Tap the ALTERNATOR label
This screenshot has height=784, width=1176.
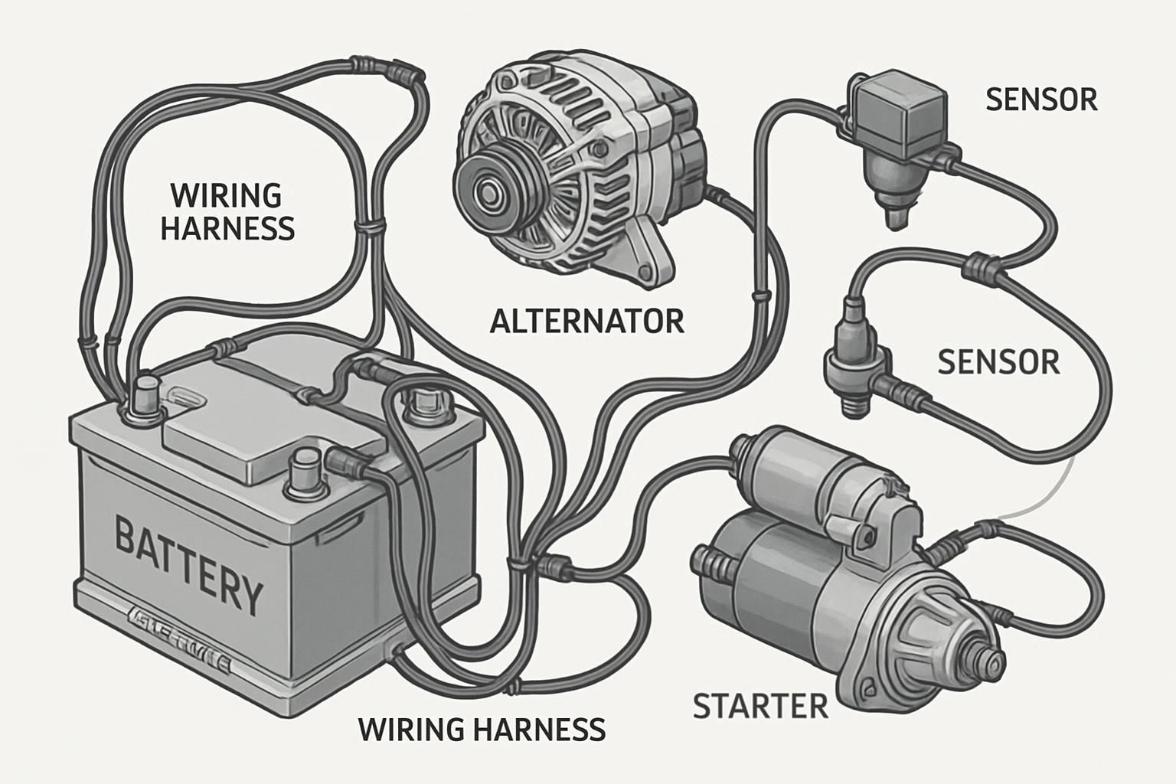tap(586, 321)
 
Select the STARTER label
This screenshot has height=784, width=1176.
tap(760, 706)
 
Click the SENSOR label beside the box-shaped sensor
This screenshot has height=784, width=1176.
tap(1041, 100)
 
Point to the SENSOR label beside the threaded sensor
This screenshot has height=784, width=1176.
tap(998, 361)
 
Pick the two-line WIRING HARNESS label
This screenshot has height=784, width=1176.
tap(227, 212)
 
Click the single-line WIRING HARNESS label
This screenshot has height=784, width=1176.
tap(482, 730)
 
